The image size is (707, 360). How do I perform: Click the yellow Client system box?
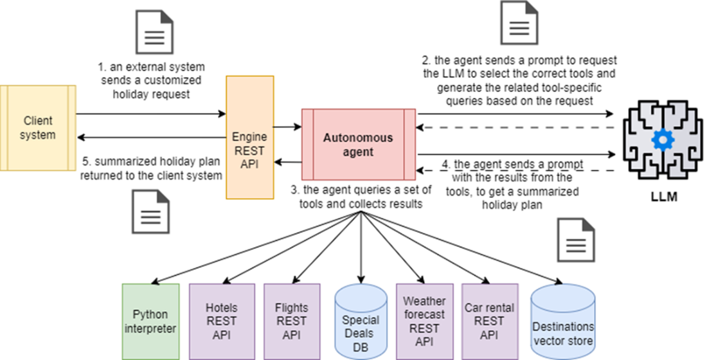click(x=38, y=128)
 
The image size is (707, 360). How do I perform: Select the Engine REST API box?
click(x=249, y=137)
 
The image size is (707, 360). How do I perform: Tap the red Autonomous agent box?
click(x=357, y=145)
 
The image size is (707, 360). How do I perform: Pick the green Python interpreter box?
click(x=150, y=321)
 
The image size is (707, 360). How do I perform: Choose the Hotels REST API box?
click(x=221, y=321)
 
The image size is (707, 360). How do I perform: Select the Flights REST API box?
click(x=292, y=321)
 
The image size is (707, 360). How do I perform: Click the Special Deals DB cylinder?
click(x=361, y=325)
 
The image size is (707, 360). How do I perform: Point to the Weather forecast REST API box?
click(x=424, y=321)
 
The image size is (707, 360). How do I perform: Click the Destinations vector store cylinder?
click(x=563, y=325)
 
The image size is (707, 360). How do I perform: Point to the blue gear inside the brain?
click(x=660, y=139)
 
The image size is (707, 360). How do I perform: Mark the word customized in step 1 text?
click(x=173, y=80)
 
